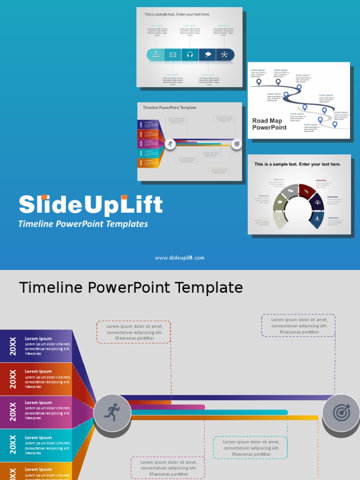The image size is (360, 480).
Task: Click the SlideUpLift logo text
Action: pyautogui.click(x=90, y=205)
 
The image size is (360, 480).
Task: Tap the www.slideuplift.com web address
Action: pyautogui.click(x=180, y=258)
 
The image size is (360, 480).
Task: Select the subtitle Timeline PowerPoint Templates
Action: pyautogui.click(x=83, y=224)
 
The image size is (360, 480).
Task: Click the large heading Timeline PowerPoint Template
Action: pyautogui.click(x=131, y=287)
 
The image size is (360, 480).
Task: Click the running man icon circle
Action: pyautogui.click(x=112, y=413)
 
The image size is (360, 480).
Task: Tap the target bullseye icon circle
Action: pyautogui.click(x=341, y=413)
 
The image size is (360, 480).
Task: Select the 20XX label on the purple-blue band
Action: pyautogui.click(x=13, y=346)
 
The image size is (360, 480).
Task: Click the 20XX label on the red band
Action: pyautogui.click(x=13, y=379)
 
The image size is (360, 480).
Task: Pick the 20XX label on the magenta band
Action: pyautogui.click(x=13, y=412)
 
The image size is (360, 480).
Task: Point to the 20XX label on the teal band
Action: pyautogui.click(x=13, y=445)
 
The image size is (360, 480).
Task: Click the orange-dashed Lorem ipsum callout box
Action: pyautogui.click(x=134, y=332)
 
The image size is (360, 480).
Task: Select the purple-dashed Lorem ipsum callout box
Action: pyautogui.click(x=299, y=326)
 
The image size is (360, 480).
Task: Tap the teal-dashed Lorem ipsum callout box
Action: pyautogui.click(x=251, y=448)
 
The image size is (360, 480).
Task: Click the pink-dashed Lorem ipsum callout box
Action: pyautogui.click(x=168, y=468)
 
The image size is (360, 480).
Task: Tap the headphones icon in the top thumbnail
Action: pyautogui.click(x=190, y=55)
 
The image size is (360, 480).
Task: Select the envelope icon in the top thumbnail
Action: pyautogui.click(x=172, y=55)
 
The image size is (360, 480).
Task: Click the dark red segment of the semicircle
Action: pyautogui.click(x=307, y=191)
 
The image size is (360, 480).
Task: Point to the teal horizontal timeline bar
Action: pyautogui.click(x=211, y=412)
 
